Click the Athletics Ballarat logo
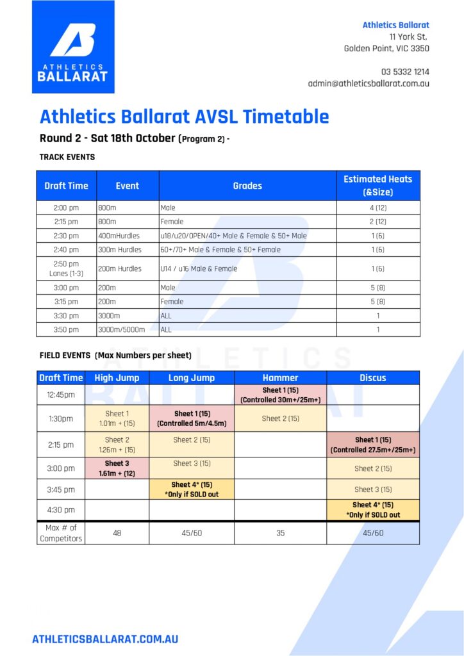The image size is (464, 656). coord(73,47)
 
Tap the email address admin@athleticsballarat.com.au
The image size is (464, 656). coord(369,83)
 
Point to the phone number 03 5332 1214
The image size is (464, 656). coord(405,72)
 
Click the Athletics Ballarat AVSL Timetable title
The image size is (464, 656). coord(184,117)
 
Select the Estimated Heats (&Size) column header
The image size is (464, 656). coord(378,185)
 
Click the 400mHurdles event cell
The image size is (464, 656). coord(128,236)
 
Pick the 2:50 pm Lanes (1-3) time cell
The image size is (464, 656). coord(67,268)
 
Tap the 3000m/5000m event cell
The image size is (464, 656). coord(128,330)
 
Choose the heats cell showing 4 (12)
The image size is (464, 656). coord(378,208)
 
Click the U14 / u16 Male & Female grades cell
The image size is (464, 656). coord(247,268)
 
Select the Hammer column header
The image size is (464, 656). coord(280,378)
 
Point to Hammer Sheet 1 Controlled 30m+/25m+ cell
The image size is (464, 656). coord(280,395)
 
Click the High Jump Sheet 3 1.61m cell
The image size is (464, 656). coord(117,468)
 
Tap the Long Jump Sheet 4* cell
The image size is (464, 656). coord(192,489)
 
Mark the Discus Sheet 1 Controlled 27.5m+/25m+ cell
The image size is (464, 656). coord(373,445)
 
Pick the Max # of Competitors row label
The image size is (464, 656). coord(61,533)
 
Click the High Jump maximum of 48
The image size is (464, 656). coord(117,533)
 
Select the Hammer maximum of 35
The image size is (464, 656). coord(280,533)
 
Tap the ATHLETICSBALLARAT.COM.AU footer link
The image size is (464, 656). coord(105,639)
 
